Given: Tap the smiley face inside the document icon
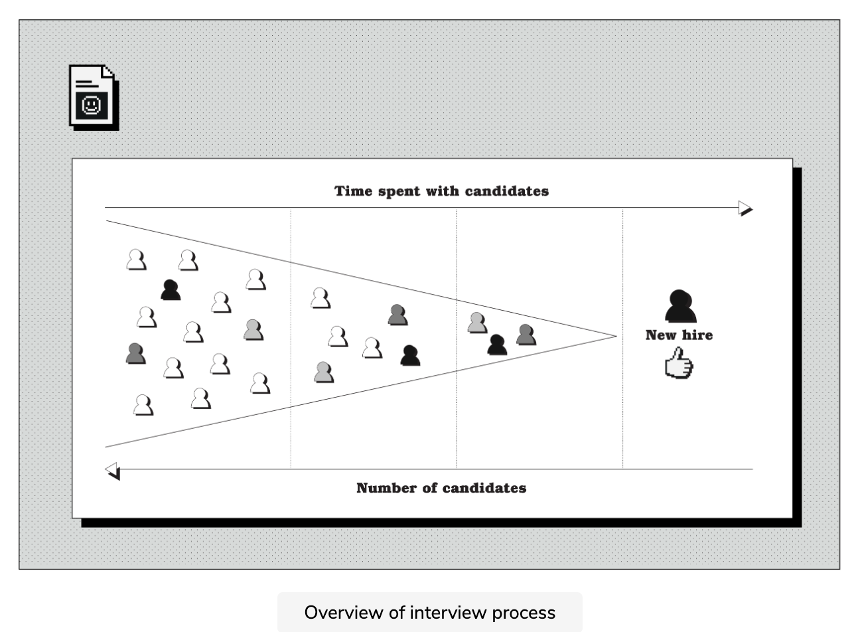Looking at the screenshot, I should (x=90, y=106).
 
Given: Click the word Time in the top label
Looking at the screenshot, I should (x=352, y=191).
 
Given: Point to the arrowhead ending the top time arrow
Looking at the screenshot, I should (x=745, y=208).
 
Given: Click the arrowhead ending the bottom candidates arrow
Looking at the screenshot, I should (x=113, y=470).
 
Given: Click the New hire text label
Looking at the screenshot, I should (x=679, y=335).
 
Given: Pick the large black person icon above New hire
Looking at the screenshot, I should (x=680, y=307).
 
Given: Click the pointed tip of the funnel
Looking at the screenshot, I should (x=615, y=336).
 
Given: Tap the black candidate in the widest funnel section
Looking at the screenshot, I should (x=171, y=290).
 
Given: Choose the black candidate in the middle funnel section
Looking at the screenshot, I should (x=410, y=356).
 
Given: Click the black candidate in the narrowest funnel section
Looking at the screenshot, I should (x=497, y=345).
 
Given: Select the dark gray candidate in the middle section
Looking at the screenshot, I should (x=397, y=315).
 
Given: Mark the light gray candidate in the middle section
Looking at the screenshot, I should (x=324, y=372).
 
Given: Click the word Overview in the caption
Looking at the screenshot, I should (x=344, y=612).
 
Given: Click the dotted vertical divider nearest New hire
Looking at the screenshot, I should (x=622, y=398).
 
